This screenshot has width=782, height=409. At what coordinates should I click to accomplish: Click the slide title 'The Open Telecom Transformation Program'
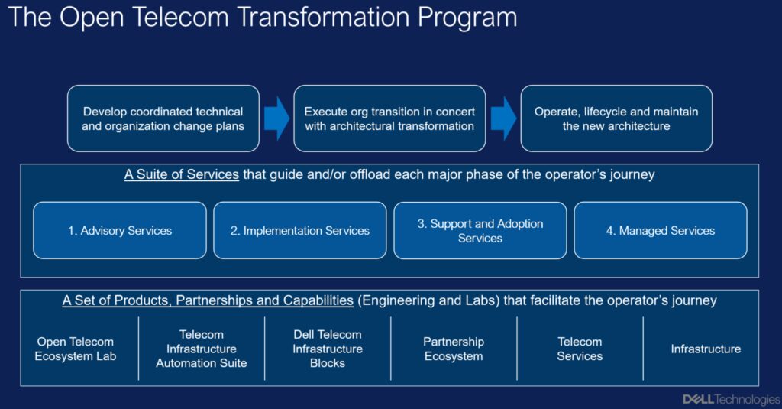pyautogui.click(x=263, y=18)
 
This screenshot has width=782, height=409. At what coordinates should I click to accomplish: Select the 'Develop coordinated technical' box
pyautogui.click(x=163, y=118)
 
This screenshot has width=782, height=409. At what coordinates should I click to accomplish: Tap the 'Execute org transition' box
pyautogui.click(x=389, y=118)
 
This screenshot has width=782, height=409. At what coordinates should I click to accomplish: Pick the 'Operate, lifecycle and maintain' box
pyautogui.click(x=616, y=118)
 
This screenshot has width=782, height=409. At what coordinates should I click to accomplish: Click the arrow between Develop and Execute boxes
pyautogui.click(x=276, y=118)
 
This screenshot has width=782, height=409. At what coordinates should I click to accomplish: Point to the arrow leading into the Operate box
pyautogui.click(x=504, y=118)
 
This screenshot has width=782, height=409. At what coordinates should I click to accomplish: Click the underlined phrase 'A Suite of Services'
pyautogui.click(x=182, y=175)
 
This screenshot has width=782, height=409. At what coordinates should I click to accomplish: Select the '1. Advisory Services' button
pyautogui.click(x=120, y=230)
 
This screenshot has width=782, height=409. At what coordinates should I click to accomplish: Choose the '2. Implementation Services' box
pyautogui.click(x=299, y=230)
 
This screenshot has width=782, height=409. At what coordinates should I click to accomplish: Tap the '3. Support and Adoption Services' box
pyautogui.click(x=480, y=230)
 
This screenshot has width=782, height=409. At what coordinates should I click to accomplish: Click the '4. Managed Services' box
pyautogui.click(x=661, y=230)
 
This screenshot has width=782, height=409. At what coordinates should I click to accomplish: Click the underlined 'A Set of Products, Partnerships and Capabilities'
pyautogui.click(x=208, y=300)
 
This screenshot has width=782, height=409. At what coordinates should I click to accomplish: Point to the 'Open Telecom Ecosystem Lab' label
pyautogui.click(x=76, y=349)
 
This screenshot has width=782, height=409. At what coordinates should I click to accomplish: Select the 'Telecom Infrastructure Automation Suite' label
pyautogui.click(x=202, y=349)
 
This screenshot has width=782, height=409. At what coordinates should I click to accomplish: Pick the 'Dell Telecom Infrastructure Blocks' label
pyautogui.click(x=328, y=349)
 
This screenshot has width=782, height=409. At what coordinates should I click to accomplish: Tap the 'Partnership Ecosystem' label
pyautogui.click(x=454, y=349)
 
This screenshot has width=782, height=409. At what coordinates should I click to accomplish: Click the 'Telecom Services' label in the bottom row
pyautogui.click(x=580, y=349)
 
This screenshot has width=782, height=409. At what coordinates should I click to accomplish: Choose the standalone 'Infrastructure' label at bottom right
pyautogui.click(x=706, y=349)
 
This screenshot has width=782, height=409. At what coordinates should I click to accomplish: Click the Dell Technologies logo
pyautogui.click(x=731, y=399)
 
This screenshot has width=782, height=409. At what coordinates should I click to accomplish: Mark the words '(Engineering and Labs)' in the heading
pyautogui.click(x=429, y=300)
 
